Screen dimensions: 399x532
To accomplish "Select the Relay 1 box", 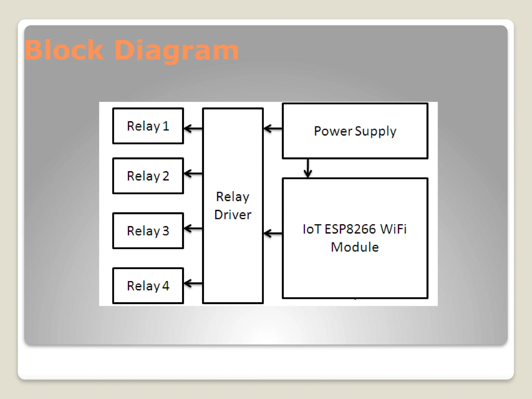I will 148,126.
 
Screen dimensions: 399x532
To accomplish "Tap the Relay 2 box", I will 148,176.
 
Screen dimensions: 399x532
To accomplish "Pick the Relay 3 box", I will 148,231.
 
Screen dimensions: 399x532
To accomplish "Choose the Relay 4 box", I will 148,286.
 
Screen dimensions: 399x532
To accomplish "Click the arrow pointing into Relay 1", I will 193,128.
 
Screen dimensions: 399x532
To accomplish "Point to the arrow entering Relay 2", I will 193,174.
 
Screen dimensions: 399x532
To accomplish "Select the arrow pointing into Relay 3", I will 193,229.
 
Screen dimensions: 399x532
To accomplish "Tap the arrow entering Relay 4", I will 193,283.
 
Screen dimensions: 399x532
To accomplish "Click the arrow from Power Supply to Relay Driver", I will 273,128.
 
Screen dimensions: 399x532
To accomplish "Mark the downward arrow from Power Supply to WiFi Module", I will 308,168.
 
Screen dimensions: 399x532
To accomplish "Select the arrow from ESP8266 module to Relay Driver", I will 273,233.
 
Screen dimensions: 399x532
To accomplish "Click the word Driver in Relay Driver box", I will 233,215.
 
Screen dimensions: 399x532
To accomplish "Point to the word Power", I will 333,131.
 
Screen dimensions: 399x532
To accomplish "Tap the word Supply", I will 376,131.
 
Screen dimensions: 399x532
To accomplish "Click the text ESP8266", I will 350,229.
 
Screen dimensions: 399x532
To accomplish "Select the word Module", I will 355,247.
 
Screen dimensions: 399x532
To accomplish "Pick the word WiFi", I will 393,229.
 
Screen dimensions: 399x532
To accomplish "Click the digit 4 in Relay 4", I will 166,286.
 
